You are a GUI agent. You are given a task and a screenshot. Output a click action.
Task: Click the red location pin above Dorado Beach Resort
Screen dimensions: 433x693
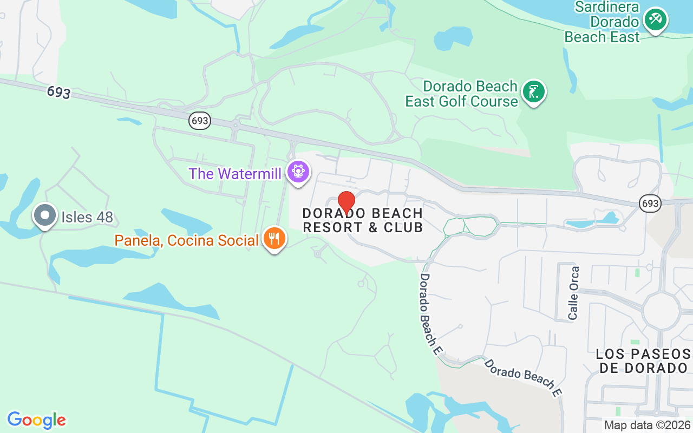click(x=346, y=201)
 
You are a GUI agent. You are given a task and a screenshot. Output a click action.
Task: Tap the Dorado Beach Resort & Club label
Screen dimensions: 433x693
click(x=363, y=220)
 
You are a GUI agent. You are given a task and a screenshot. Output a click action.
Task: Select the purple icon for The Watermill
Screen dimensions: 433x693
click(x=298, y=172)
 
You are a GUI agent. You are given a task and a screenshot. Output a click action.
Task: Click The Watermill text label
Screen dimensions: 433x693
click(x=235, y=174)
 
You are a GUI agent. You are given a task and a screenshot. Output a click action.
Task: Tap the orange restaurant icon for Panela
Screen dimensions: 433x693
click(x=274, y=238)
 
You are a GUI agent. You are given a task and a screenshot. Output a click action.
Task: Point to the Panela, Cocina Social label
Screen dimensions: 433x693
click(x=186, y=240)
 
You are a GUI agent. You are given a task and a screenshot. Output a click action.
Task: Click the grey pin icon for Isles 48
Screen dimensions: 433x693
click(x=45, y=215)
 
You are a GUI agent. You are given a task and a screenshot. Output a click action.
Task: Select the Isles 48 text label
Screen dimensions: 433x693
click(x=87, y=218)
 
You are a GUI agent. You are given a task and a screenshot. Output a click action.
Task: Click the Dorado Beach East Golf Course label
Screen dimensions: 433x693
click(x=462, y=94)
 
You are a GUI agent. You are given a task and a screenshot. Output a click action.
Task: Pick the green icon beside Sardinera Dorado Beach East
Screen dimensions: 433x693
click(x=656, y=20)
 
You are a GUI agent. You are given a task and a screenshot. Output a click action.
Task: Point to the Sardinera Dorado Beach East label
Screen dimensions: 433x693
click(x=602, y=22)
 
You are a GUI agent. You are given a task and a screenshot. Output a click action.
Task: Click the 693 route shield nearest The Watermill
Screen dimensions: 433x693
click(x=200, y=121)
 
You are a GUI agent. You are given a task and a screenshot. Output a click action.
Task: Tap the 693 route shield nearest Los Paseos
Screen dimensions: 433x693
click(x=650, y=203)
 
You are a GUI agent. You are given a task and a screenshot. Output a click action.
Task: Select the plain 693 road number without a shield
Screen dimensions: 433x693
click(x=58, y=92)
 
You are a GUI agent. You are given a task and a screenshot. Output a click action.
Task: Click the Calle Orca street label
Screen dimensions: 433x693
click(x=573, y=292)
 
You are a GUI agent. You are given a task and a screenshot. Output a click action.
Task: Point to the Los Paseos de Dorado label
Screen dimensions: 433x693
click(x=643, y=361)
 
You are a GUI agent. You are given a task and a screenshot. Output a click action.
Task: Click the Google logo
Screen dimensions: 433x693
click(x=36, y=420)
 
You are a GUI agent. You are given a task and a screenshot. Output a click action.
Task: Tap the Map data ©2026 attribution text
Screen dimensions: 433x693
click(x=647, y=425)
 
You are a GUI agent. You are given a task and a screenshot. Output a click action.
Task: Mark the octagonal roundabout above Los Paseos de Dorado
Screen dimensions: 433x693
click(x=661, y=311)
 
